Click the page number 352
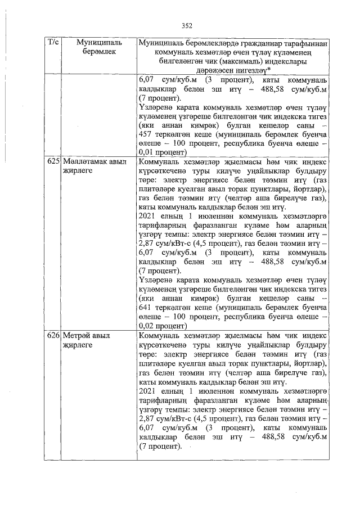187,25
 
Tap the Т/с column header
53,43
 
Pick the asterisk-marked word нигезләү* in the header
250,69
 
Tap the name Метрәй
76,335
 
